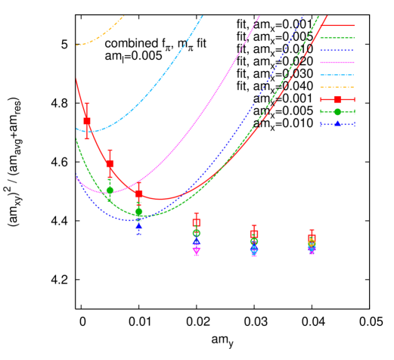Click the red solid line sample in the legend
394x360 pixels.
click(x=337, y=25)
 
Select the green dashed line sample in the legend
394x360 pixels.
click(x=337, y=37)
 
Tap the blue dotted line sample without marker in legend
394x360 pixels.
click(x=337, y=50)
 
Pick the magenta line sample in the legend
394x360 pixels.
click(x=337, y=62)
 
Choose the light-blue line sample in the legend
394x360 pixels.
click(x=337, y=75)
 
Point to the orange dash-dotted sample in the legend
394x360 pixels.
click(x=337, y=87)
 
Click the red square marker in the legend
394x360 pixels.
click(x=337, y=100)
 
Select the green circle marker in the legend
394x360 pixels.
click(x=337, y=112)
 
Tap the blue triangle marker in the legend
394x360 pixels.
click(x=337, y=124)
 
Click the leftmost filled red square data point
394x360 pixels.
click(x=87, y=121)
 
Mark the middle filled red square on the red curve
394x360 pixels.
click(x=110, y=163)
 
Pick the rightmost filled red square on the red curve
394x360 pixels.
click(x=138, y=194)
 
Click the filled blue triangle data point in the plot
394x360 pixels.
click(x=138, y=225)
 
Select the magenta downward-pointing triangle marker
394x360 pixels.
click(x=197, y=251)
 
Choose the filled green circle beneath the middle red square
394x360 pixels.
click(x=110, y=191)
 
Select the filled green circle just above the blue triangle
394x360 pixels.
click(x=138, y=212)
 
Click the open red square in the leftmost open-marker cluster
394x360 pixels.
click(x=197, y=222)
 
